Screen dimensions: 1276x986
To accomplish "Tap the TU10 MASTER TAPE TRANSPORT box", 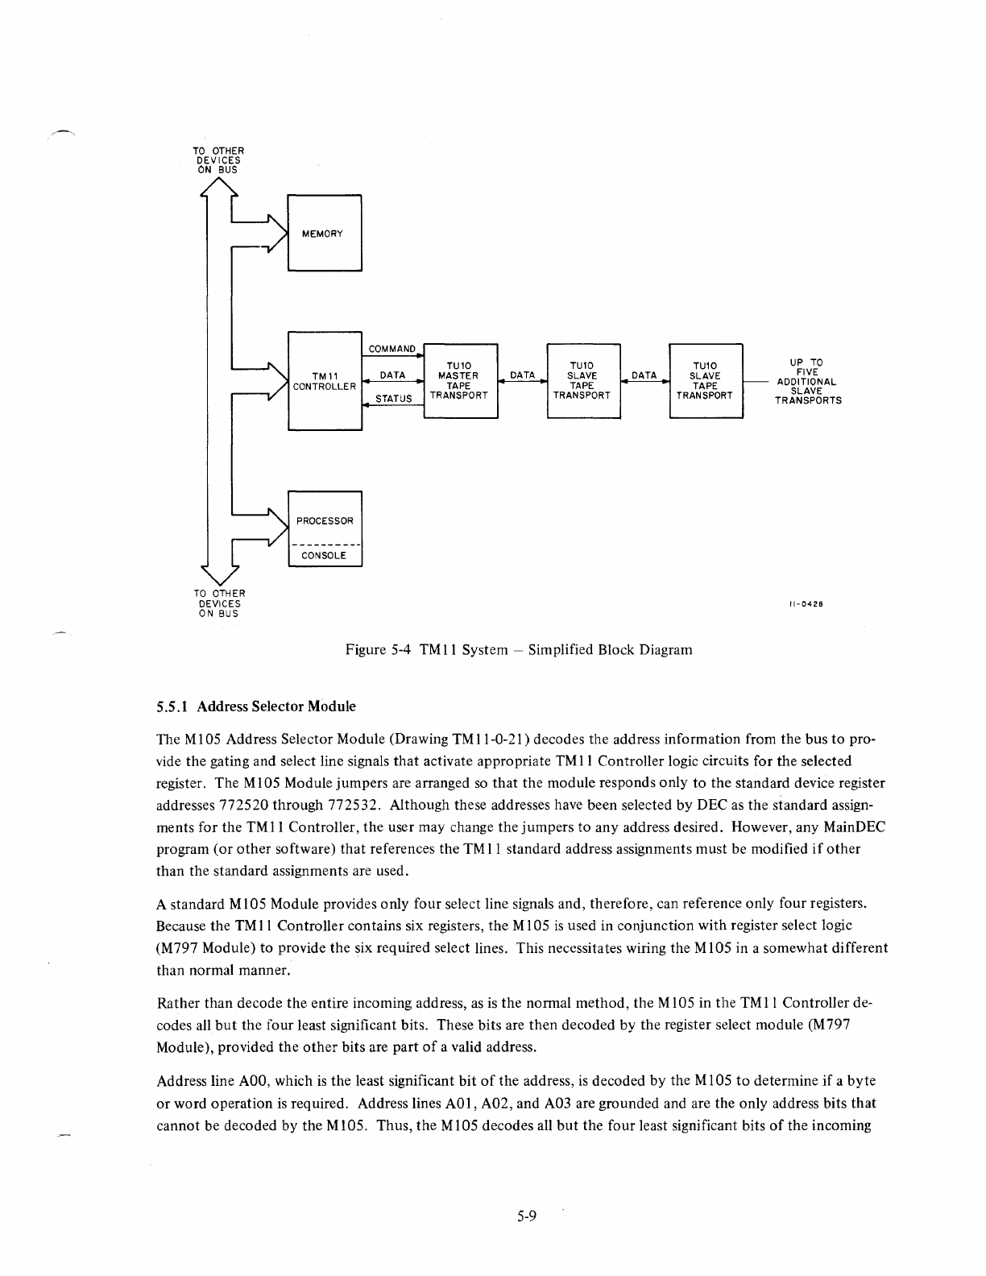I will tap(459, 380).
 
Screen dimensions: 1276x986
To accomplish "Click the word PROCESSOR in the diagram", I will tap(325, 520).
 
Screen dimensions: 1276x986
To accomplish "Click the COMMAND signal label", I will tap(391, 350).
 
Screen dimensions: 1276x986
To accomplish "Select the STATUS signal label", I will tap(394, 399).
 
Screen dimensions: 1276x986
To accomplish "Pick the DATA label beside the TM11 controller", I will tap(392, 375).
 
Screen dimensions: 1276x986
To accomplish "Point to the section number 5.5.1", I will tap(172, 706).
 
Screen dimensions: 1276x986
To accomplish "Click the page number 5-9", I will tap(527, 1216).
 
